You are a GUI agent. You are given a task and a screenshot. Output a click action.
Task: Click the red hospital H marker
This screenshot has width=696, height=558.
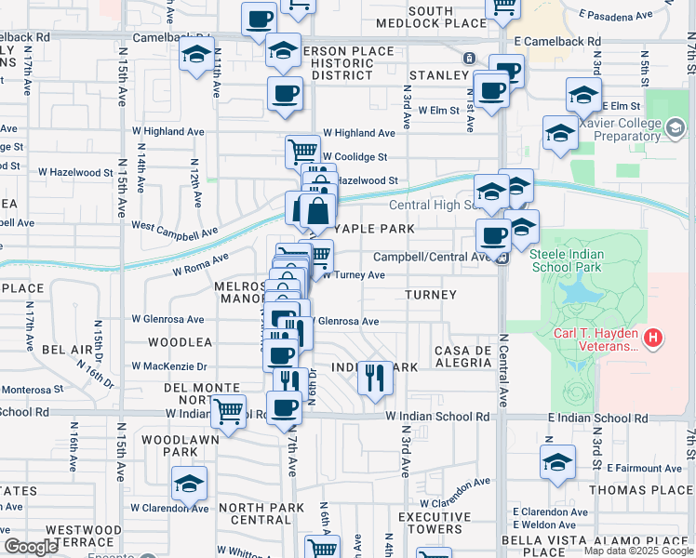point(653,337)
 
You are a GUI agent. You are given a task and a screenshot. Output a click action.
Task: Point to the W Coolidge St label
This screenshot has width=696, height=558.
point(355,157)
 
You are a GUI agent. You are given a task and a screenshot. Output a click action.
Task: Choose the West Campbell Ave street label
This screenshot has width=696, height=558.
point(174,229)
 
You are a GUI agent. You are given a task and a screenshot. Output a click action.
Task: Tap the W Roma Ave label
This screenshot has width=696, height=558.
point(200,266)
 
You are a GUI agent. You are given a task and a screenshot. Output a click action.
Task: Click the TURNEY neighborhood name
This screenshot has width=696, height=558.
point(431,295)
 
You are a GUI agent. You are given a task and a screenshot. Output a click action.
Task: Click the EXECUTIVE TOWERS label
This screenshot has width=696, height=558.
point(430,523)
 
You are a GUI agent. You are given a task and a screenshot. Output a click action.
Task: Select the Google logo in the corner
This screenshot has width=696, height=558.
point(32,547)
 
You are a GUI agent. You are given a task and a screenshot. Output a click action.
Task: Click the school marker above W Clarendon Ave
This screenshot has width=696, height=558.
point(189,483)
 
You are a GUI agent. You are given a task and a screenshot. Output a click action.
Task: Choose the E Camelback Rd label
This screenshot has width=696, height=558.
point(556,43)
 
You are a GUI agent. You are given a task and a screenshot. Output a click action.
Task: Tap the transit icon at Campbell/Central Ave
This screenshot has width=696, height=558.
point(502,259)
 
